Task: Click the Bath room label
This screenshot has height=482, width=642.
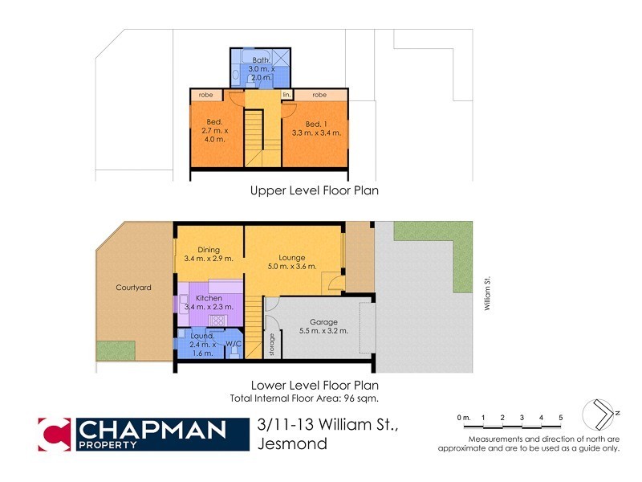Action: pos(262,60)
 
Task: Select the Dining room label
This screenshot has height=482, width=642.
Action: pos(197,250)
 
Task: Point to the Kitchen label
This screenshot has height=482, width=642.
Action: pos(208,298)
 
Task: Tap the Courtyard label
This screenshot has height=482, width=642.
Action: pos(133,287)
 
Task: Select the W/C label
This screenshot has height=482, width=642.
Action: pos(234,345)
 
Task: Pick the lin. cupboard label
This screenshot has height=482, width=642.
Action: pos(286,95)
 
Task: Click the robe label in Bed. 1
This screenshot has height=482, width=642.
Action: pos(320,95)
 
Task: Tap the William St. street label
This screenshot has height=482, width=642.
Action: pos(486,294)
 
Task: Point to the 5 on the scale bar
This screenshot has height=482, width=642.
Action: pos(561,418)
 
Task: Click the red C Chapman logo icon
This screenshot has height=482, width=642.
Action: pos(55,435)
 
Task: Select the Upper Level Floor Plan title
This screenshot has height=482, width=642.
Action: pos(314,191)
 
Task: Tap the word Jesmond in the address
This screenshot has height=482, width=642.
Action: pos(292,443)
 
